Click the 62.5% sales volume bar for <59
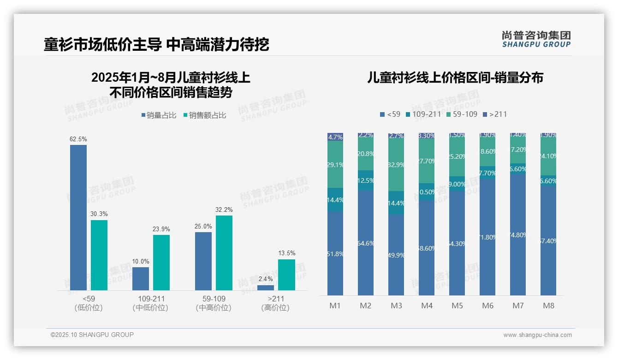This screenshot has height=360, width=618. [78, 217]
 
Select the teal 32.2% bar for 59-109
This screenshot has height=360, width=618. [224, 253]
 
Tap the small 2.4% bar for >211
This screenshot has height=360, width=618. [265, 288]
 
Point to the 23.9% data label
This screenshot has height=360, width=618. [161, 229]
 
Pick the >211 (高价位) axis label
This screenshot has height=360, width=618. [275, 303]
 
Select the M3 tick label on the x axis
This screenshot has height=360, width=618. [396, 306]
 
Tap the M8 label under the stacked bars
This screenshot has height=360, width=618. [548, 306]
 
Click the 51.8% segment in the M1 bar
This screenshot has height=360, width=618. [335, 253]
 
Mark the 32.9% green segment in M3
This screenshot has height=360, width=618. [396, 165]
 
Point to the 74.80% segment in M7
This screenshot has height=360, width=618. [518, 234]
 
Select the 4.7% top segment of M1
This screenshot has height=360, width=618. [335, 137]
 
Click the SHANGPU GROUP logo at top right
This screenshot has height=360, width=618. [536, 39]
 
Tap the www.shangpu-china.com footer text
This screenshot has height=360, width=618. [537, 335]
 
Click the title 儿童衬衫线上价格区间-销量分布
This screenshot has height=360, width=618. [455, 78]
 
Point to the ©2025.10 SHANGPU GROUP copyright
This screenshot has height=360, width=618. [92, 335]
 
